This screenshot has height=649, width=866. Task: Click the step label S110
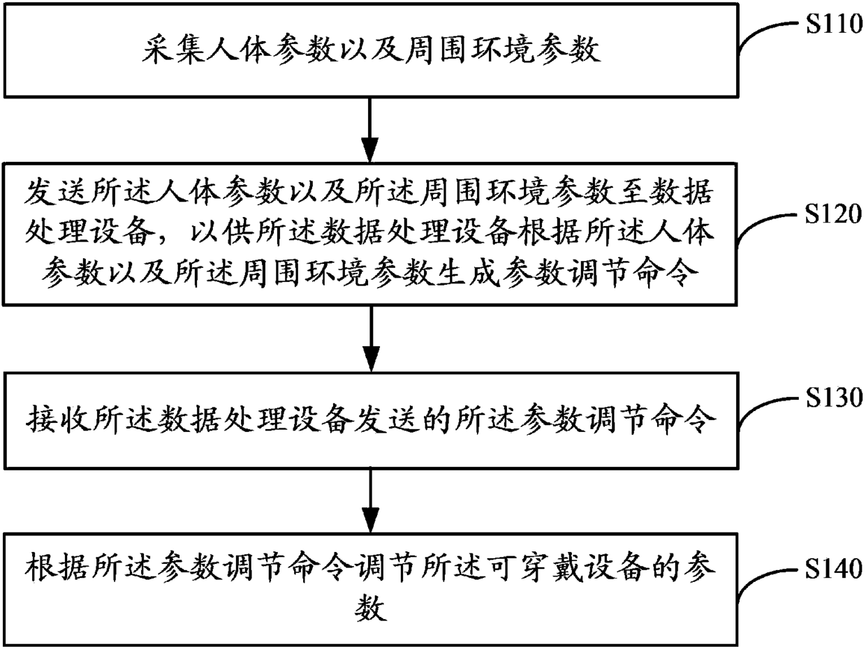834,24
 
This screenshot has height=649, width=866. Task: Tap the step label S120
833,214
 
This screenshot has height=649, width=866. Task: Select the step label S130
834,398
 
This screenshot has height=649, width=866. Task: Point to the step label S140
833,569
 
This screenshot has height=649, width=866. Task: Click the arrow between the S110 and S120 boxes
369,130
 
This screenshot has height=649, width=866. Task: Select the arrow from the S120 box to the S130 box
370,339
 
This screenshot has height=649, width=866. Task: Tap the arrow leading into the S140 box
370,501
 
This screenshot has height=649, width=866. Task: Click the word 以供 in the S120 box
218,232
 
